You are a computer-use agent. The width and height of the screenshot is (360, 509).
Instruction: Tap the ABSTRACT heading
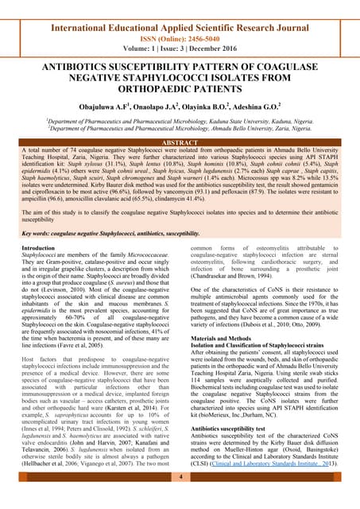(x=180, y=142)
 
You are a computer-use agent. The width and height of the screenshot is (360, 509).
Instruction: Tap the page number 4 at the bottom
(x=180, y=476)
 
